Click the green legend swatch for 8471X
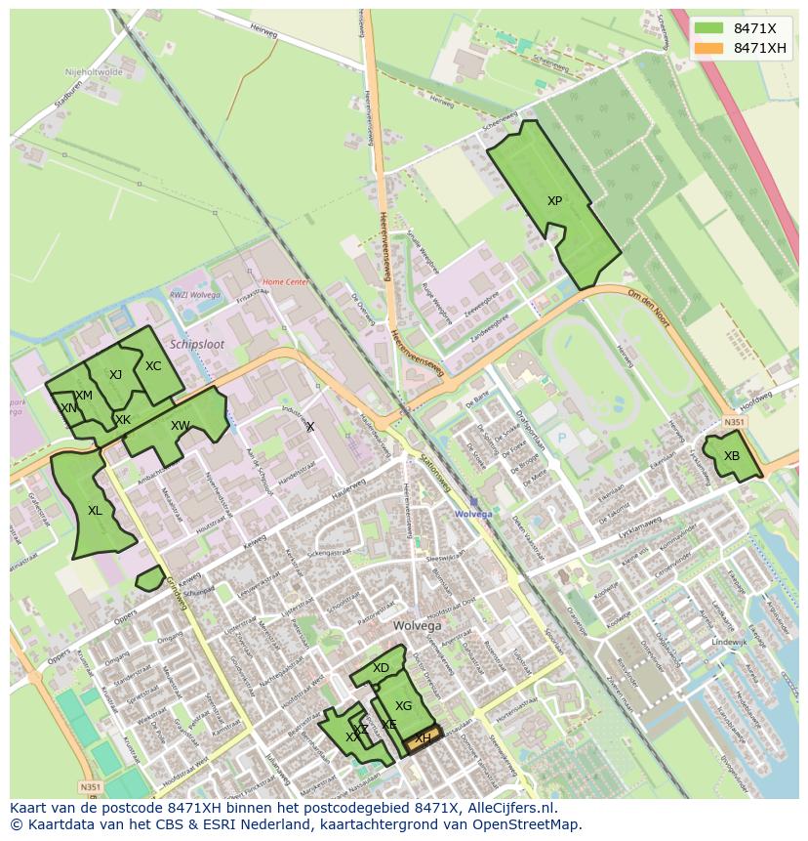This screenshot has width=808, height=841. (x=709, y=28)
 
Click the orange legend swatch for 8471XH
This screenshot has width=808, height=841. (x=709, y=48)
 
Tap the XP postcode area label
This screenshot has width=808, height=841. (x=554, y=201)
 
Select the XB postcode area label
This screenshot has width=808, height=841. (x=732, y=456)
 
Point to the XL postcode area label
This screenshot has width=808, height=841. (x=95, y=510)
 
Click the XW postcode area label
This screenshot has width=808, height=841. (x=180, y=426)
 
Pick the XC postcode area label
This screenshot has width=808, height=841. (x=153, y=366)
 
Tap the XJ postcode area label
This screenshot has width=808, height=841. (x=115, y=375)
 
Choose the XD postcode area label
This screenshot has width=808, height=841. (x=381, y=668)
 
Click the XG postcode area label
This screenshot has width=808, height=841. (x=403, y=706)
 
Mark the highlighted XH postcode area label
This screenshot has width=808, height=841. (x=423, y=739)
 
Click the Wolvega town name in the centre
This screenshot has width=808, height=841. (x=417, y=626)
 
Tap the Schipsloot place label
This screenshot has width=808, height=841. (x=196, y=345)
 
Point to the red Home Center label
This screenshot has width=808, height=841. (x=286, y=282)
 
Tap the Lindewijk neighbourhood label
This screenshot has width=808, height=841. (x=729, y=642)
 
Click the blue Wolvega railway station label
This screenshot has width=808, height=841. (x=473, y=514)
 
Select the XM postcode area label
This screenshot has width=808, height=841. (x=84, y=396)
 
